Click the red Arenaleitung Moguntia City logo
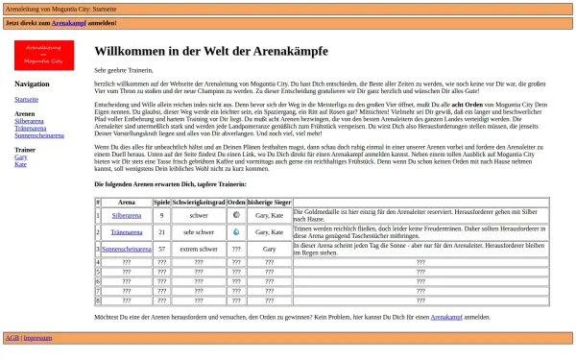click(x=44, y=56)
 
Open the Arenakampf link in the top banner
click(x=69, y=21)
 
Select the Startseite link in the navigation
click(x=27, y=99)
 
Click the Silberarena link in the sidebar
click(x=29, y=122)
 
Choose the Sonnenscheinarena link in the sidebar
click(x=39, y=135)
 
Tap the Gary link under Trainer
click(x=21, y=157)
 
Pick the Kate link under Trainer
click(x=20, y=164)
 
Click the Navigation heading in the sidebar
click(x=32, y=84)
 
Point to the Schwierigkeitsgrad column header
click(x=199, y=203)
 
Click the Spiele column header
click(x=161, y=203)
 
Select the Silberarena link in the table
click(x=126, y=216)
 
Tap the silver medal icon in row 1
click(x=236, y=216)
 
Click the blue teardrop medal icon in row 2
click(x=236, y=232)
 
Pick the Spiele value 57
click(x=161, y=249)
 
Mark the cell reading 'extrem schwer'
click(x=199, y=249)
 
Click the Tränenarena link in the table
click(x=126, y=232)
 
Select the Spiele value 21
click(x=161, y=232)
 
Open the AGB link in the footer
click(x=12, y=338)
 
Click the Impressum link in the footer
click(x=37, y=338)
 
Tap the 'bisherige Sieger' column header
click(x=269, y=203)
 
